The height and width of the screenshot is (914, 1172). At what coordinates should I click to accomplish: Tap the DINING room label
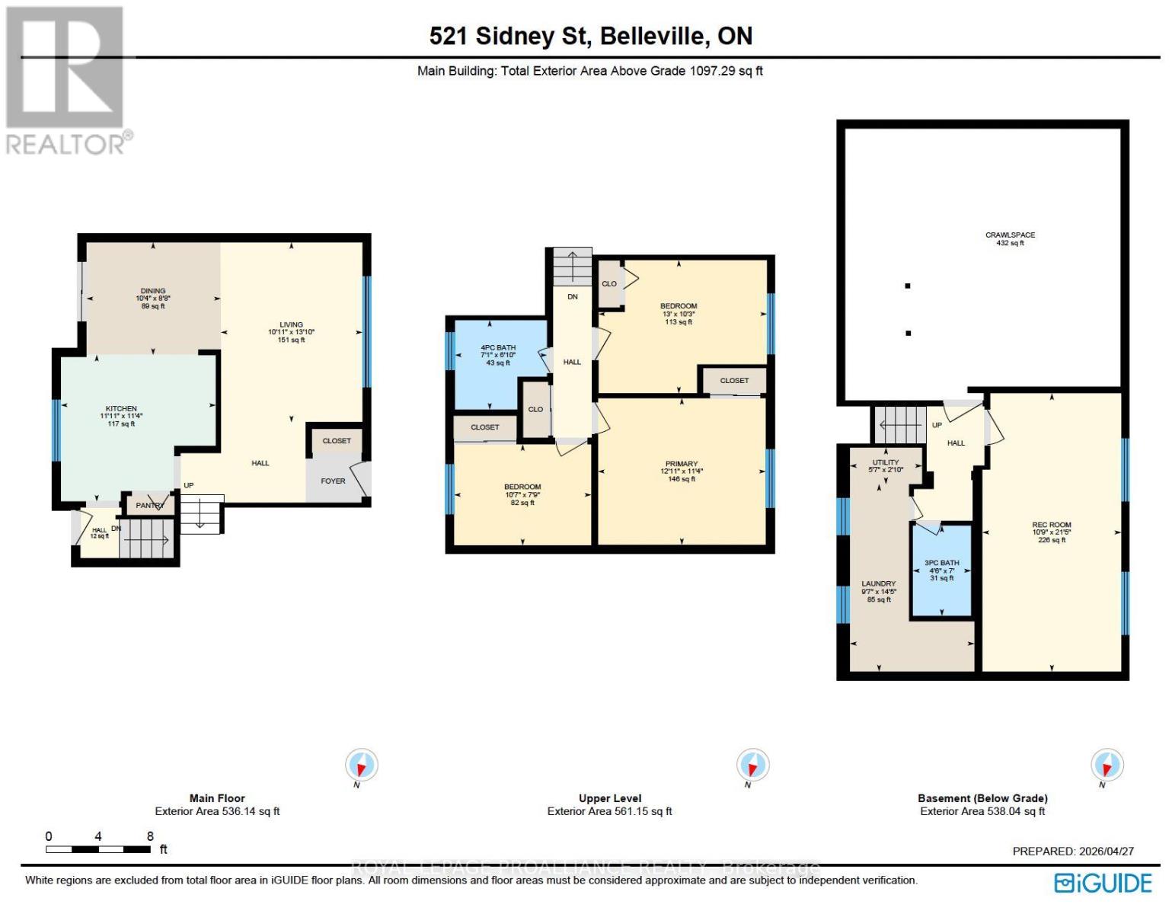click(x=153, y=291)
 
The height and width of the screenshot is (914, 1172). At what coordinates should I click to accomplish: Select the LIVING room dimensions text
click(x=291, y=332)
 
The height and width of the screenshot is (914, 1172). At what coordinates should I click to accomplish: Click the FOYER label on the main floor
click(x=333, y=481)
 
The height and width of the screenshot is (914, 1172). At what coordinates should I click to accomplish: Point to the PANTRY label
click(x=150, y=505)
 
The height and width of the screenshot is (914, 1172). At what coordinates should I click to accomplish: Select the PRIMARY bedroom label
click(x=681, y=464)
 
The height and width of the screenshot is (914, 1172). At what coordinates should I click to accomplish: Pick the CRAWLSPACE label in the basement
click(x=1010, y=235)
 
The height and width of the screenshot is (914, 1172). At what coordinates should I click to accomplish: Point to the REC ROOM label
click(x=1051, y=525)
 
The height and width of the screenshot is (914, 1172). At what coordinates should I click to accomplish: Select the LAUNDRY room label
click(x=878, y=583)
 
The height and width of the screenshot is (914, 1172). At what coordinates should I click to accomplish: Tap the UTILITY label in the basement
click(x=885, y=462)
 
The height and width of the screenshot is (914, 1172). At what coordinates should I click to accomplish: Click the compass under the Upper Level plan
click(x=752, y=765)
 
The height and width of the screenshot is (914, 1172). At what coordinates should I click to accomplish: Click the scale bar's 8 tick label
click(x=150, y=836)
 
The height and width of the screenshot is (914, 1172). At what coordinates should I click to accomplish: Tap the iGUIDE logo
click(x=1103, y=883)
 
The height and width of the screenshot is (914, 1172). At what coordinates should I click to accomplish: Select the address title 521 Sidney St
click(x=590, y=36)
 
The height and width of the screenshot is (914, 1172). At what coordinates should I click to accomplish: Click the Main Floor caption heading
click(x=217, y=798)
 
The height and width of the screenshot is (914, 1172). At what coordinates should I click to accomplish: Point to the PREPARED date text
click(x=1072, y=851)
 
